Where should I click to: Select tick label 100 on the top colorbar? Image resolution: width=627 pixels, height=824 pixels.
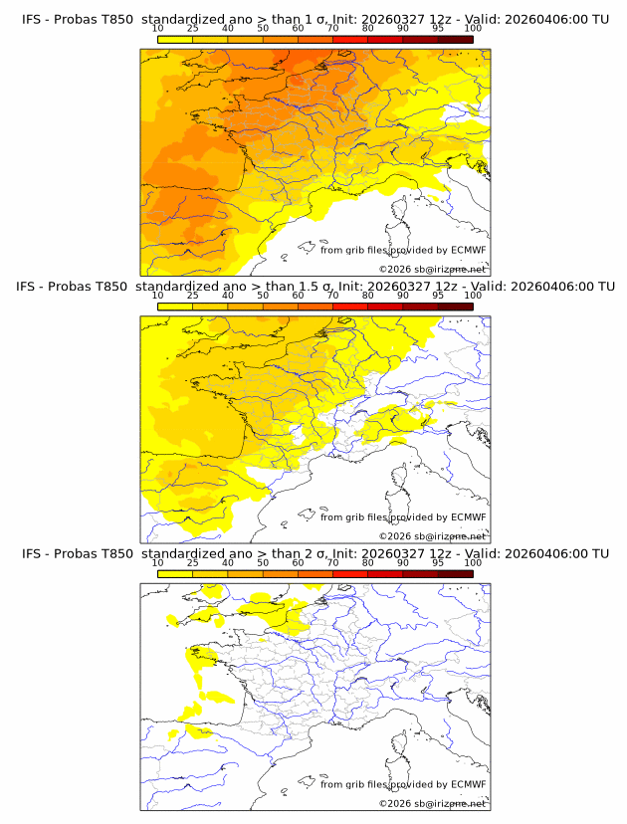[473, 29]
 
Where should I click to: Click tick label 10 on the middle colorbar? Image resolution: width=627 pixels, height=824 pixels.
[157, 296]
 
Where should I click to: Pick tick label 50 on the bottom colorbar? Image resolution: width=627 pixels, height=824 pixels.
[263, 562]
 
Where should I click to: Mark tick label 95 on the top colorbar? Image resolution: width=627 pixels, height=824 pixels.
[438, 29]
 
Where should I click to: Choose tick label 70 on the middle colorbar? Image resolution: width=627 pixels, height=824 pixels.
[332, 296]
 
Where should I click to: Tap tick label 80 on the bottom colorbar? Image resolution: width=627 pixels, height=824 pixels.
[367, 562]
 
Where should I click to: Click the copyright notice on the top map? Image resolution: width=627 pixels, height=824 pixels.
[433, 270]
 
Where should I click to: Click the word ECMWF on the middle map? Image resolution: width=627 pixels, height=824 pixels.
[469, 516]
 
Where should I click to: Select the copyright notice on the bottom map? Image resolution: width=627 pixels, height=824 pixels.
[433, 803]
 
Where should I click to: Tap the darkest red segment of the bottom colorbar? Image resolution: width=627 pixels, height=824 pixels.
[455, 572]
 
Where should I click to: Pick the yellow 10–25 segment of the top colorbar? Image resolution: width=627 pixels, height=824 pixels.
[175, 39]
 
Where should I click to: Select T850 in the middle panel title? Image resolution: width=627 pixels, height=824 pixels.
[113, 287]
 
